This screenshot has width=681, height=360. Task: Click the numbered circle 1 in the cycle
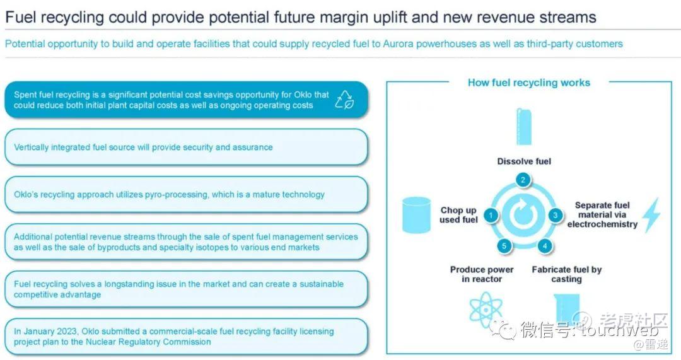(x=491, y=216)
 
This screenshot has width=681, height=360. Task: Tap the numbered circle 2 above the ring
(x=523, y=180)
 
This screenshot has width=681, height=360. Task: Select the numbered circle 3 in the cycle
(x=555, y=216)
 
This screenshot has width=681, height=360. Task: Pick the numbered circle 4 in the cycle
(x=544, y=247)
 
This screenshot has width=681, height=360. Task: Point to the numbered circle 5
(x=504, y=247)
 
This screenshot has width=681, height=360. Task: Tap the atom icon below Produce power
(x=486, y=309)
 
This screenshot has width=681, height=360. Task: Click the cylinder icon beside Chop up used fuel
(x=417, y=214)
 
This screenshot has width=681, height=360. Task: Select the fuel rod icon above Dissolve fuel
(x=524, y=126)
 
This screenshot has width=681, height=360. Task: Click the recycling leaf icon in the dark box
(x=345, y=100)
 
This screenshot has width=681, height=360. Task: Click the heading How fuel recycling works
(x=529, y=83)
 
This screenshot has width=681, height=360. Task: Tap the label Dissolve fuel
(x=524, y=161)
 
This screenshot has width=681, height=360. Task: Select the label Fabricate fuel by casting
(x=567, y=274)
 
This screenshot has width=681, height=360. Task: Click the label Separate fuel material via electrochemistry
(x=602, y=214)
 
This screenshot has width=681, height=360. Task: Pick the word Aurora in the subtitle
(x=399, y=44)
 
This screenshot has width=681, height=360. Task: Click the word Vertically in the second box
(x=31, y=147)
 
